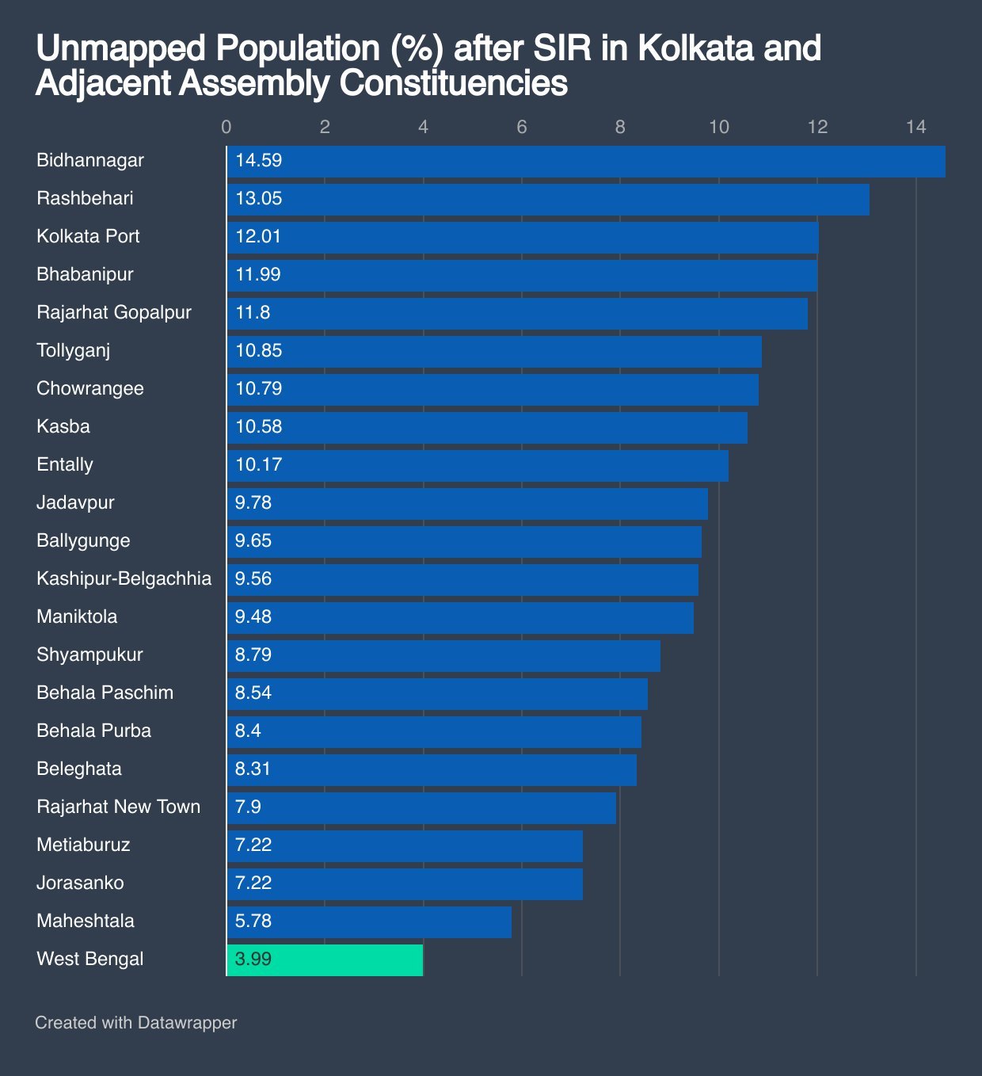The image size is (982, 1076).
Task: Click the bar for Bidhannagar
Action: pos(586,162)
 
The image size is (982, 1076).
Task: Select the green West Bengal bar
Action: pos(325,960)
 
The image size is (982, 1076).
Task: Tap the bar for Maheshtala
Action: pos(369,921)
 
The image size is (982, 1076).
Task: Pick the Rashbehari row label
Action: pos(85,198)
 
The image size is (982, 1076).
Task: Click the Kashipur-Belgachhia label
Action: pos(124,578)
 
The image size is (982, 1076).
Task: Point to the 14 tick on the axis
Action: pos(915,128)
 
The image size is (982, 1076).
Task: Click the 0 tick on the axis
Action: pos(226,128)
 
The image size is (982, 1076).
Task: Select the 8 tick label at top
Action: pos(620,128)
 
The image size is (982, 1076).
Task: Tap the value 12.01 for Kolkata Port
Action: pos(258,236)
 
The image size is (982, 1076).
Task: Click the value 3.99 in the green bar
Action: pos(253,959)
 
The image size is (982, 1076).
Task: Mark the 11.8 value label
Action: pos(253,312)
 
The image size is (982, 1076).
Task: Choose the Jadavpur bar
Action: pos(467,503)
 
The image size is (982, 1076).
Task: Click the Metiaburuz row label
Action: pos(83,845)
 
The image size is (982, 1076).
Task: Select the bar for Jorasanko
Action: pos(405,883)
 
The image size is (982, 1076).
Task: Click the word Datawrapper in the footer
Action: pos(187,1023)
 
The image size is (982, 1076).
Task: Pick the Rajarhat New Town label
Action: pos(118,807)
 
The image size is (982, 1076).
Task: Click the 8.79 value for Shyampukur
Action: pos(253,654)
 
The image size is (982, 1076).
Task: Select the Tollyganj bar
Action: pos(494,351)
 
